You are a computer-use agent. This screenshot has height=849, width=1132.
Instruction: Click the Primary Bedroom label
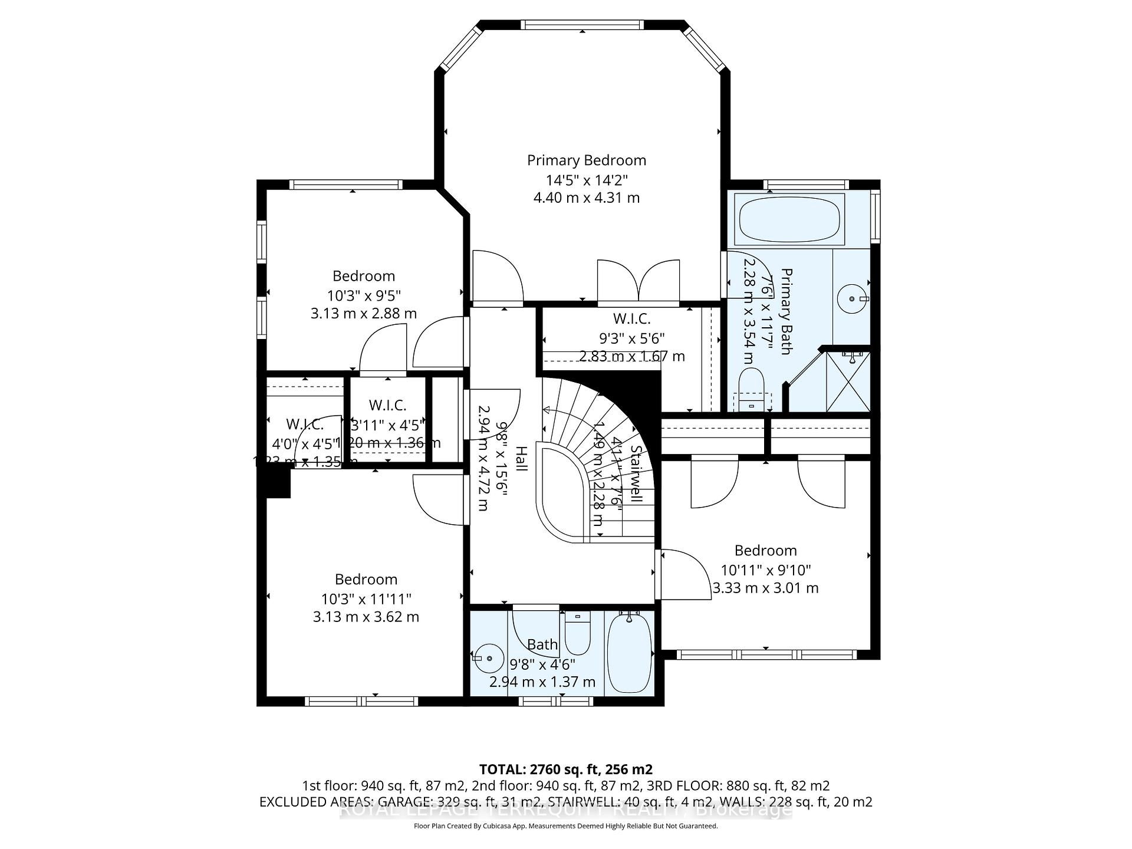coord(586,160)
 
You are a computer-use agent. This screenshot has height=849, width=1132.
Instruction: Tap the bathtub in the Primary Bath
coord(790,219)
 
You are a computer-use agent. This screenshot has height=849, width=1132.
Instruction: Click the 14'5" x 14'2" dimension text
coord(586,180)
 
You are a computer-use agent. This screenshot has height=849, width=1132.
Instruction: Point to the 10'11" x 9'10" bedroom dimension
coord(765,570)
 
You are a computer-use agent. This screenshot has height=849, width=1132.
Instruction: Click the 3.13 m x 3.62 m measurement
coord(366,617)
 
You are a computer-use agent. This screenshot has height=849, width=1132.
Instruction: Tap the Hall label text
coord(521,459)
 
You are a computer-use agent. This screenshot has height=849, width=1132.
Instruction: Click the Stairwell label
coord(636,473)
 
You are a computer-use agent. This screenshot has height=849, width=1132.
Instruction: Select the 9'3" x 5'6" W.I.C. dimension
coord(631,338)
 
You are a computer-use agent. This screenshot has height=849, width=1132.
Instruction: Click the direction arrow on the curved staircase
coord(547,410)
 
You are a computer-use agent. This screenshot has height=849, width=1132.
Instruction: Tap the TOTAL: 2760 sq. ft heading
coord(565,769)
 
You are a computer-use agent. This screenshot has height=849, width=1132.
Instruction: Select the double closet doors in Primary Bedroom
coord(638,282)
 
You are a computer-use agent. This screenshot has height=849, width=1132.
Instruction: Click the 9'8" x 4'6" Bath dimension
coord(542,664)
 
